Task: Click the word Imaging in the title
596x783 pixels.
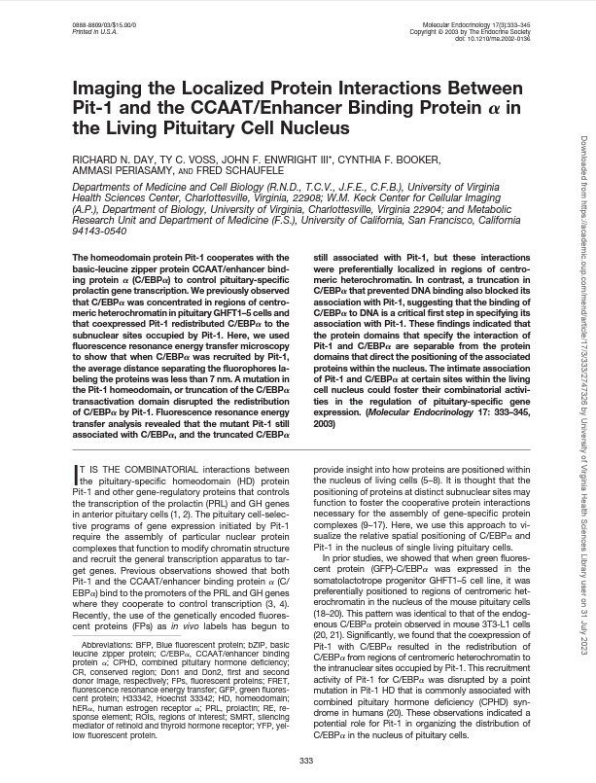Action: [119, 89]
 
